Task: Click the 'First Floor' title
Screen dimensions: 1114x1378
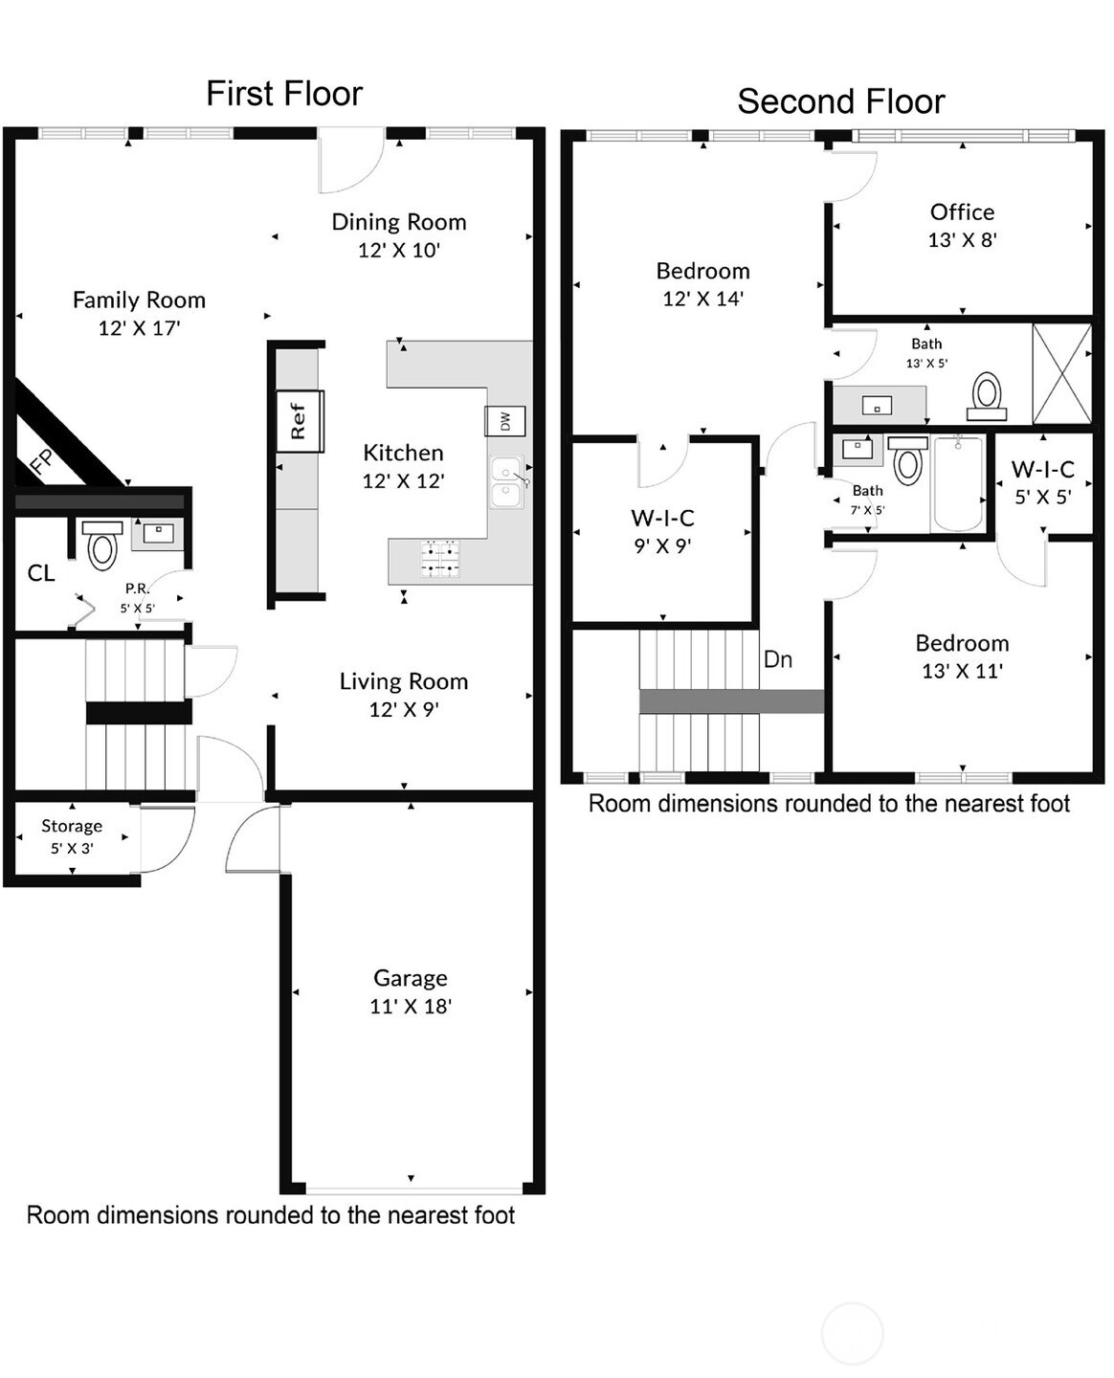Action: click(x=284, y=93)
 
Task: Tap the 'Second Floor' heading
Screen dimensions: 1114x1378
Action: click(x=840, y=101)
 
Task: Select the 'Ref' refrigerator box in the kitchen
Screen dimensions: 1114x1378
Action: click(x=300, y=420)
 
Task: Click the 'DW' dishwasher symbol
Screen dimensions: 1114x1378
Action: click(x=504, y=421)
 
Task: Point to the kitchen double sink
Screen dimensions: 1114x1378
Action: click(x=506, y=482)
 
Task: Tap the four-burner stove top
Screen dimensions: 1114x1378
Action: click(x=440, y=558)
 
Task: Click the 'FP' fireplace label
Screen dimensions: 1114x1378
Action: click(x=42, y=461)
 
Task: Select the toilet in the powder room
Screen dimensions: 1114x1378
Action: click(x=102, y=545)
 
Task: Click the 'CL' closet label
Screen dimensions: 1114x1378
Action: click(x=41, y=572)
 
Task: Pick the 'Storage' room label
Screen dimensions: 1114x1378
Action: click(x=72, y=826)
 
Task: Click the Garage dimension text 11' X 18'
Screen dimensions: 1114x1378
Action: click(x=411, y=1006)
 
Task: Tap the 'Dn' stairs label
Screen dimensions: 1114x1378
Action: click(x=778, y=659)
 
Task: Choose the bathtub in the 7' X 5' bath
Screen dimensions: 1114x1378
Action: click(x=957, y=483)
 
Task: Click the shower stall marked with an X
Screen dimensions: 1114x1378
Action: click(x=1061, y=373)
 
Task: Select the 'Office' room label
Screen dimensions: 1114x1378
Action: click(x=962, y=211)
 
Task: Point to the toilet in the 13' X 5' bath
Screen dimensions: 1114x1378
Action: click(x=987, y=396)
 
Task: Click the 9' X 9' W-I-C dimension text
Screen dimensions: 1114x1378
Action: click(x=662, y=546)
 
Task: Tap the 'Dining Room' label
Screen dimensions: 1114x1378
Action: click(x=399, y=222)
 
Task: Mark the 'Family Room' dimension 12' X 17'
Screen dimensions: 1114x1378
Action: click(x=139, y=328)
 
